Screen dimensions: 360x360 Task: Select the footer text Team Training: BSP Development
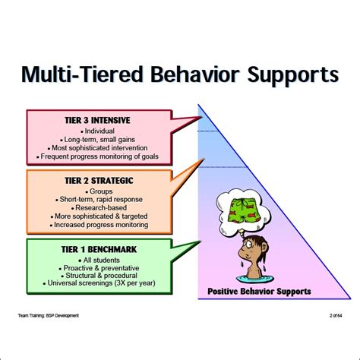click(47, 314)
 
